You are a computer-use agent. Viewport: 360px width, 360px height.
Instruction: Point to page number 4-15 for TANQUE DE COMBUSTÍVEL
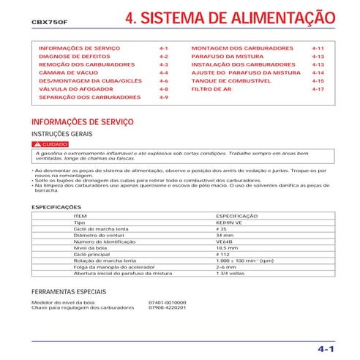[317, 80]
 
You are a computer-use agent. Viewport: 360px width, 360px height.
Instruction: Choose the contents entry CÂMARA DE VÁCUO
[66, 72]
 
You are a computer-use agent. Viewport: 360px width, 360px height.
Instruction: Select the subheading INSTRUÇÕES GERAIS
[61, 135]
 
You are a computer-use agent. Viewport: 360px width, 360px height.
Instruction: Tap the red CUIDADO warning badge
[50, 145]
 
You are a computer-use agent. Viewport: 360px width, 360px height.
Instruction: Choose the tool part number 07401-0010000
[167, 301]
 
